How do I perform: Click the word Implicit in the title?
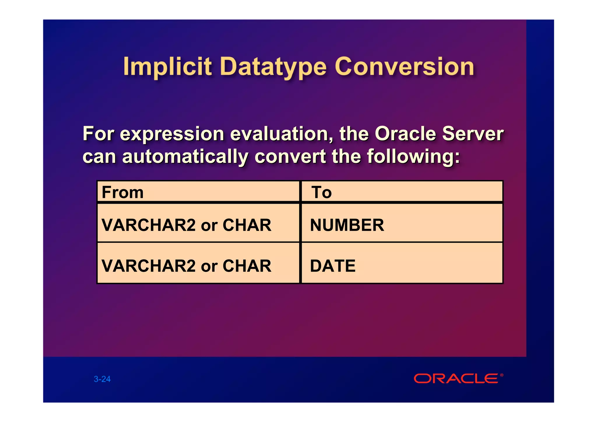pyautogui.click(x=167, y=67)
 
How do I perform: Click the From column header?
pyautogui.click(x=123, y=192)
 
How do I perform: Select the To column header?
pyautogui.click(x=322, y=192)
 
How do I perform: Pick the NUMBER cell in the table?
pyautogui.click(x=347, y=225)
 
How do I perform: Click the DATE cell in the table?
pyautogui.click(x=333, y=266)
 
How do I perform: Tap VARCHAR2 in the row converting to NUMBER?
pyautogui.click(x=148, y=225)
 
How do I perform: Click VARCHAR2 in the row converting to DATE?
pyautogui.click(x=148, y=266)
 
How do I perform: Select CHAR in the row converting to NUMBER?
pyautogui.click(x=247, y=225)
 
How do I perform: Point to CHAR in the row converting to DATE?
pyautogui.click(x=247, y=266)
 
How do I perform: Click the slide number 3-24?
pyautogui.click(x=102, y=379)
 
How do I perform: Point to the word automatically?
pyautogui.click(x=185, y=157)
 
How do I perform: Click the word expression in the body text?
pyautogui.click(x=172, y=134)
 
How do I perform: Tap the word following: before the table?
pyautogui.click(x=413, y=157)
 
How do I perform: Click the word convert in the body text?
pyautogui.click(x=290, y=157)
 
